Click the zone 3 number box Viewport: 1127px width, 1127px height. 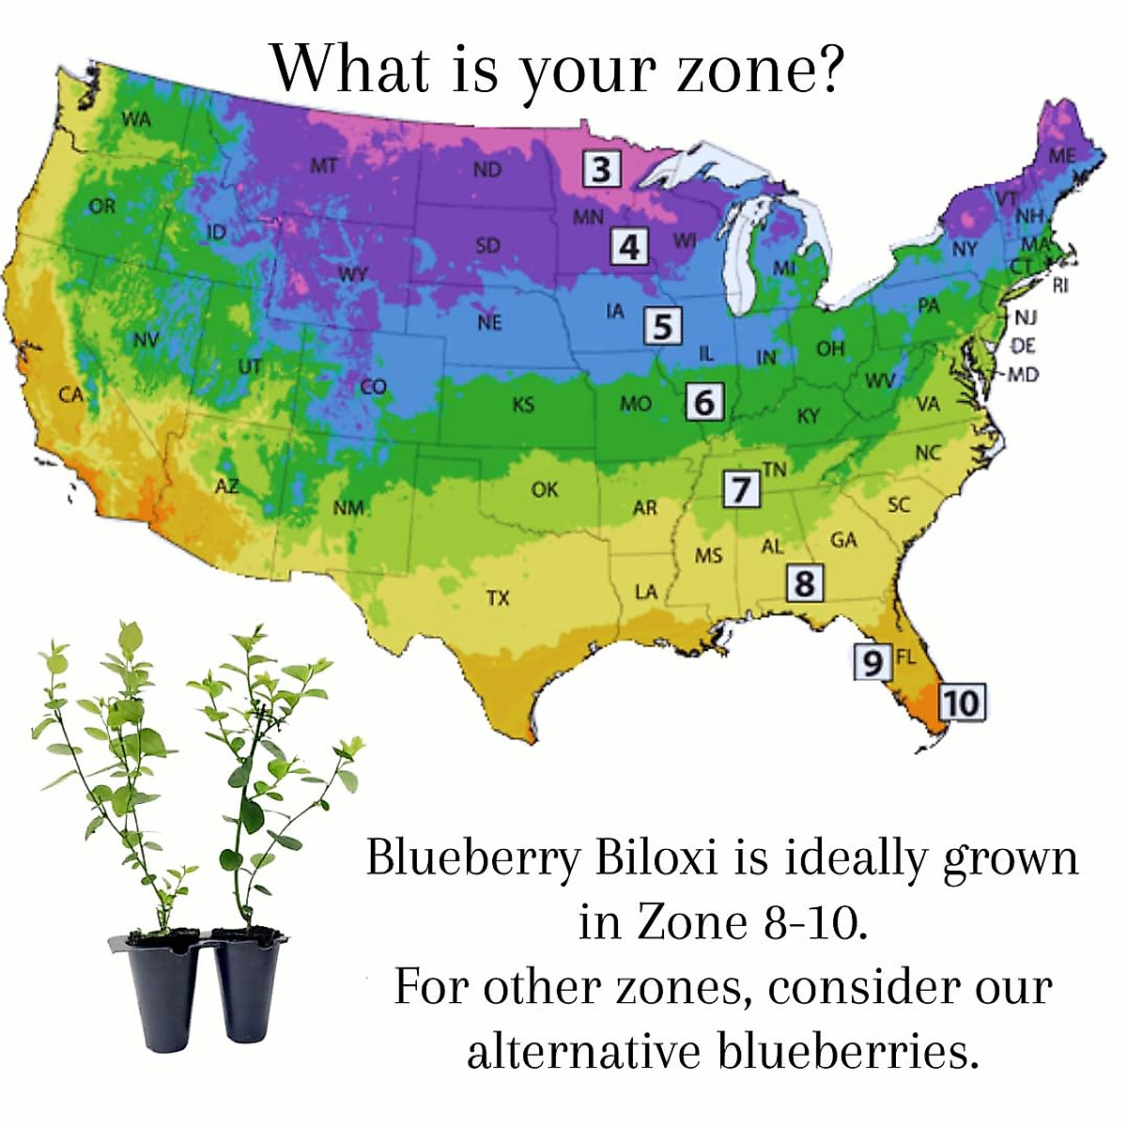point(601,168)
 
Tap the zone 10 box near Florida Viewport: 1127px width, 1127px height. point(962,702)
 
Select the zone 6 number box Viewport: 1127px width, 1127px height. point(704,402)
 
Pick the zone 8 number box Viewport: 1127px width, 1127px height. point(805,582)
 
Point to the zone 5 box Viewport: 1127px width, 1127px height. point(663,326)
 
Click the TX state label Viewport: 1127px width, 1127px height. point(498,597)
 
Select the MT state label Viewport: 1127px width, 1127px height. point(323,166)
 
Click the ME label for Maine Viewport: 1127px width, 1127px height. point(1061,156)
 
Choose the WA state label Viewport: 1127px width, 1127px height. point(137,120)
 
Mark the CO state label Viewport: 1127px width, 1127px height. point(373,387)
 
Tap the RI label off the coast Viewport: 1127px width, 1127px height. point(1059,286)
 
